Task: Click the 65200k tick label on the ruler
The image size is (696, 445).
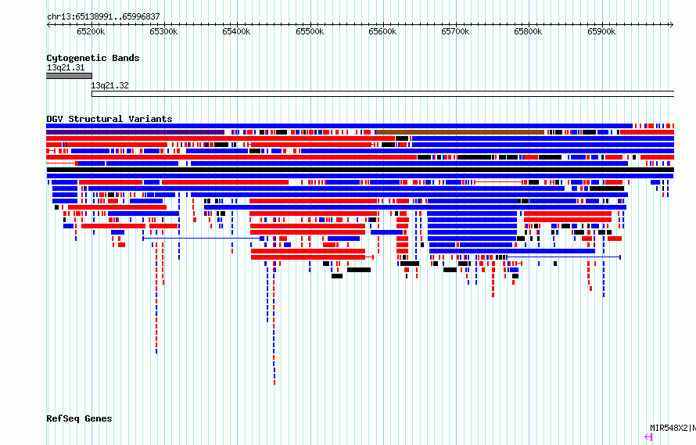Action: point(91,31)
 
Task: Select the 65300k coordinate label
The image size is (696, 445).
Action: point(163,31)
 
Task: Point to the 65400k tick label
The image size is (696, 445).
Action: point(236,31)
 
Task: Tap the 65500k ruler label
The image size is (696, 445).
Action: point(310,31)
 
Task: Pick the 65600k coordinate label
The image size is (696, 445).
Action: point(382,31)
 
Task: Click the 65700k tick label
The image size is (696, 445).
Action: point(455,31)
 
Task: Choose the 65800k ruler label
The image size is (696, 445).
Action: point(528,31)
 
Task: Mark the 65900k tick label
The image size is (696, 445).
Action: point(601,31)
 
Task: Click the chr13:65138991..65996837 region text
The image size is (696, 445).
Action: point(103,17)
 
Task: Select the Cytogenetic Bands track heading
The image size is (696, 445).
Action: point(93,58)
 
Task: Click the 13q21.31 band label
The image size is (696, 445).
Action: point(66,67)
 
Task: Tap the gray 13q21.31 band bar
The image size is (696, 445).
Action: point(69,76)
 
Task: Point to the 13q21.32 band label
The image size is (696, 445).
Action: point(109,85)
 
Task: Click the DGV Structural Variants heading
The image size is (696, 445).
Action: point(109,119)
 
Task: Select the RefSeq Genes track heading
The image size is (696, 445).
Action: point(79,418)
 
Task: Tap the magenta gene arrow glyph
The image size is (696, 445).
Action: point(648,437)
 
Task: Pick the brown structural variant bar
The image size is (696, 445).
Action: point(460,132)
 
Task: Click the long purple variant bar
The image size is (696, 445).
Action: point(135,132)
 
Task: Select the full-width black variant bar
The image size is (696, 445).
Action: point(361,170)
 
